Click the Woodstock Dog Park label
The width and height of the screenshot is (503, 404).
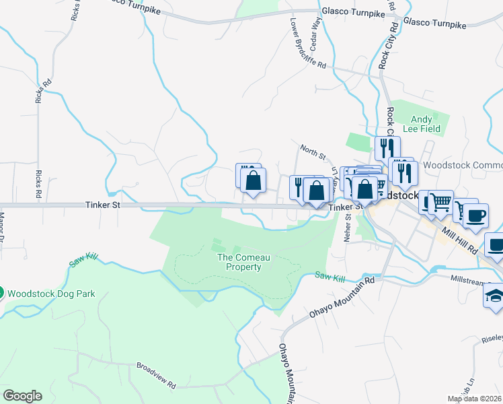click(x=51, y=294)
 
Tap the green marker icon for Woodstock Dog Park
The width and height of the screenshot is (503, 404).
click(x=1, y=294)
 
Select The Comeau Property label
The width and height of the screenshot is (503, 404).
click(x=239, y=262)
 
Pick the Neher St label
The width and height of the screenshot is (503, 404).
click(x=348, y=224)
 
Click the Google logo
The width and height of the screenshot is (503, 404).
click(x=22, y=396)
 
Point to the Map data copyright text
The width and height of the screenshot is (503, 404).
click(x=474, y=399)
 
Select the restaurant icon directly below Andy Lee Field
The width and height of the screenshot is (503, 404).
click(x=388, y=147)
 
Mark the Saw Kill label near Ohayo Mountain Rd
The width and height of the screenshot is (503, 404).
click(x=330, y=277)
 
